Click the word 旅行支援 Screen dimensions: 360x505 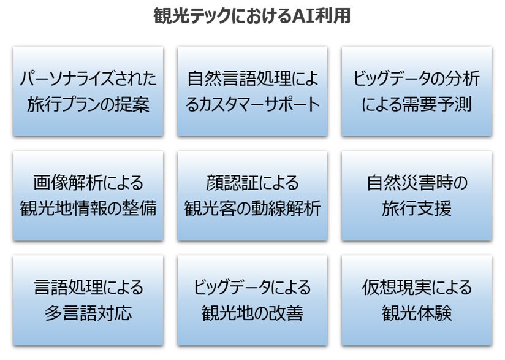pos(416,209)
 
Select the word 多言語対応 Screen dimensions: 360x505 pos(88,313)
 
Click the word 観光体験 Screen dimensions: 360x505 pos(416,313)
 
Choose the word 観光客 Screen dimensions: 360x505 pos(210,209)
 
